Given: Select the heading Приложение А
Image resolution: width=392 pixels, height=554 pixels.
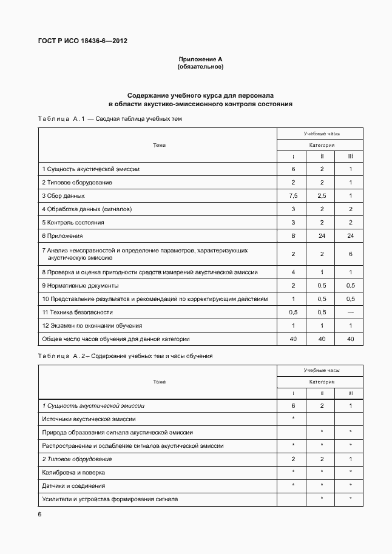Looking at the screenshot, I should tap(200, 59).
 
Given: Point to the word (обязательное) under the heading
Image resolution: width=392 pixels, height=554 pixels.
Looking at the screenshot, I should tap(200, 67).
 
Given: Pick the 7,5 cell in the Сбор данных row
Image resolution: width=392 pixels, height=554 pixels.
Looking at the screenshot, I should tap(293, 196).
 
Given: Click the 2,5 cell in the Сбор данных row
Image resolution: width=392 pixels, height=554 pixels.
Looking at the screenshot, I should tap(322, 196).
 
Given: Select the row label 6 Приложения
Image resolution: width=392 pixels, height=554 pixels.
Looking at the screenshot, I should tap(63, 235).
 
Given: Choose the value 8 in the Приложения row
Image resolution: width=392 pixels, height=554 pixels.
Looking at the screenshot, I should tap(293, 235).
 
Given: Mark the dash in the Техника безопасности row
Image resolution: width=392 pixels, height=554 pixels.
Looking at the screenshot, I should tap(350, 312).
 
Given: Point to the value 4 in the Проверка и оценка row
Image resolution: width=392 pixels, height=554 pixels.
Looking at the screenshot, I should tap(293, 272).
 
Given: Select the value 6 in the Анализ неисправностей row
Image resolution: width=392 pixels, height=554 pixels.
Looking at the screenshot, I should tap(350, 254).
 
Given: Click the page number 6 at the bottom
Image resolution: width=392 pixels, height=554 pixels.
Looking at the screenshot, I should tap(39, 514).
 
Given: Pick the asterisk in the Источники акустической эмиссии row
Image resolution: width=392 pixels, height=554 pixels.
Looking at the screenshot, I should tap(293, 419).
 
